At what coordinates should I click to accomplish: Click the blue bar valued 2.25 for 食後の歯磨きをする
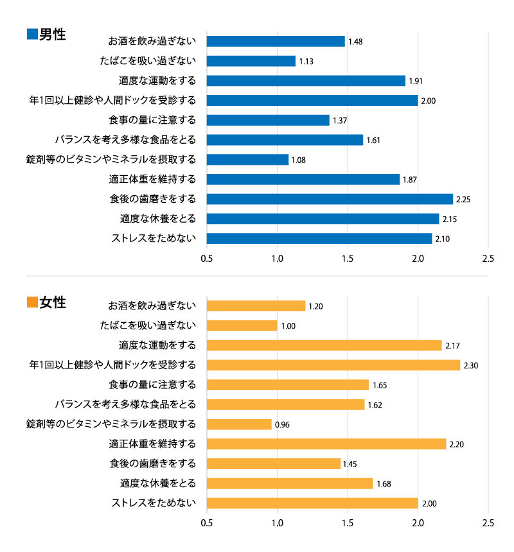coord(330,199)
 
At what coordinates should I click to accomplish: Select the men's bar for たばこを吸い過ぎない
coord(251,61)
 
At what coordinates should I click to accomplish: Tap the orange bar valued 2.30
coord(333,365)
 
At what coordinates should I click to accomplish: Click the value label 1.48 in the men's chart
coord(355,42)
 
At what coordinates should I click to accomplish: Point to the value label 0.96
coord(282,425)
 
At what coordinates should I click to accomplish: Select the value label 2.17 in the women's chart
coord(452,346)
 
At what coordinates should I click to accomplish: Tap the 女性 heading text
coord(53,302)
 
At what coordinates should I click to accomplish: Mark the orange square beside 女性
coord(32,302)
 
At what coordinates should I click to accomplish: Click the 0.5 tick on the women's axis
coord(207,524)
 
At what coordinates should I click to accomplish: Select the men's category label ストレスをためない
coord(154,239)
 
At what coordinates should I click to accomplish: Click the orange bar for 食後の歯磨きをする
coord(274,464)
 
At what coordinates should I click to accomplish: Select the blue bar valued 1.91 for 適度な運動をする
coord(306,81)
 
